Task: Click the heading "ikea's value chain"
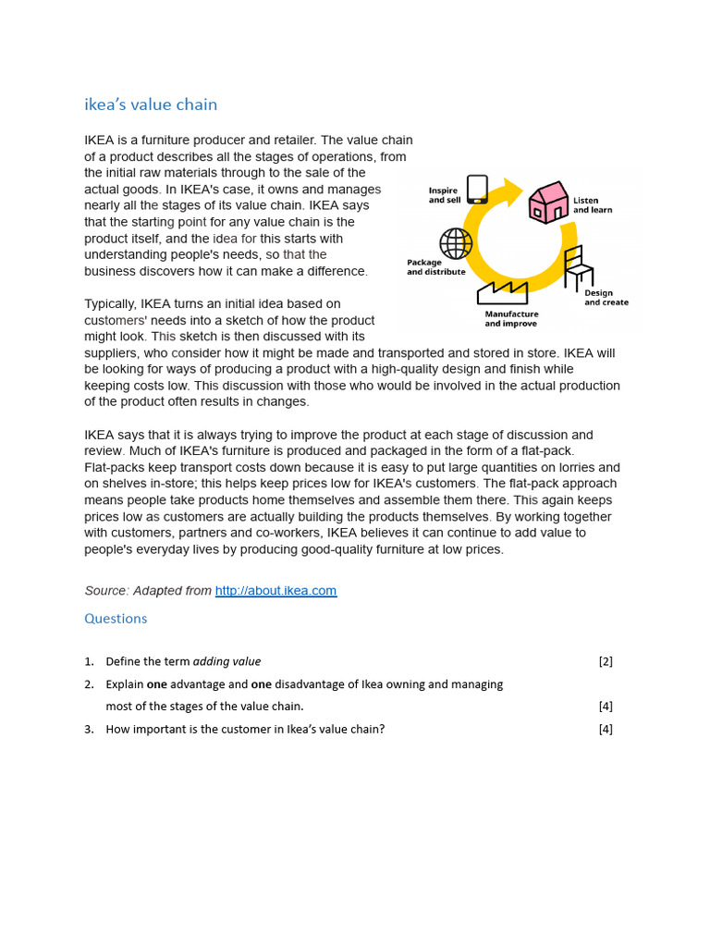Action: (x=151, y=105)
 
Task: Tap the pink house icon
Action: (x=548, y=203)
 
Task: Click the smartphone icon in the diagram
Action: (x=477, y=189)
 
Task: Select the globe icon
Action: (x=456, y=243)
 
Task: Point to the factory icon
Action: (x=502, y=292)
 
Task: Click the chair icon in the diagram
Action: (x=577, y=267)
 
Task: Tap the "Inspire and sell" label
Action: (x=444, y=195)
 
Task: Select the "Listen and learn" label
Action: (x=593, y=204)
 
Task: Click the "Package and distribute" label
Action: (x=436, y=267)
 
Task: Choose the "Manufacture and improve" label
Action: (x=511, y=319)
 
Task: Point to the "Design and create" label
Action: (x=606, y=298)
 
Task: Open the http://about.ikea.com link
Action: (x=275, y=591)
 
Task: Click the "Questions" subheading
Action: (x=116, y=619)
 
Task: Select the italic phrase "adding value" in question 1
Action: (x=227, y=662)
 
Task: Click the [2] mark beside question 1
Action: (x=606, y=662)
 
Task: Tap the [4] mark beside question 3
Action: (x=606, y=729)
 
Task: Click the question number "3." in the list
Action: (x=90, y=729)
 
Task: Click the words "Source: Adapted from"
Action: (x=148, y=591)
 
